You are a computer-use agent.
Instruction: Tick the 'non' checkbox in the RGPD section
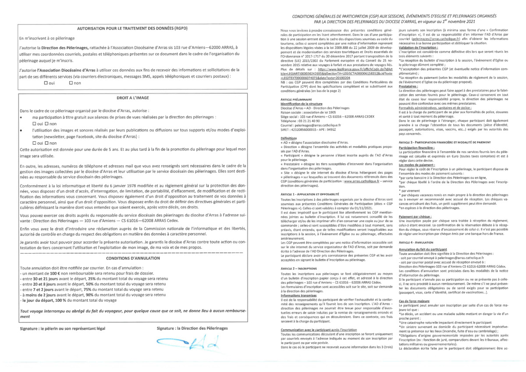(71, 83)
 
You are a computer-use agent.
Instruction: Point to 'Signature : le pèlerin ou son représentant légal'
(63, 328)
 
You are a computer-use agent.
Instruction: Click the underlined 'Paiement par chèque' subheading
(415, 217)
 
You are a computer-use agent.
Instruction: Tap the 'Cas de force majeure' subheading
(414, 301)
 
